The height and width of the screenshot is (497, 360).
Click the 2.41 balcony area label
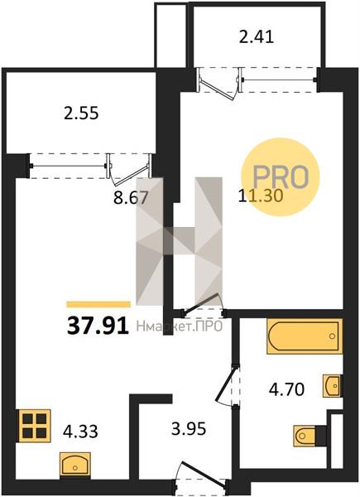257,37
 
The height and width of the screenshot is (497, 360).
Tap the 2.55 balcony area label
81,113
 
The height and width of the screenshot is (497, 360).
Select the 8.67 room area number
131,198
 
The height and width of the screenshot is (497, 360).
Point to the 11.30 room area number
261,195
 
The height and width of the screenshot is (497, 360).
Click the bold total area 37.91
98,326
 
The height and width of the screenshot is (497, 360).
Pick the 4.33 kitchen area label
80,432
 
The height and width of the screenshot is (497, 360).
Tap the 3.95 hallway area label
189,429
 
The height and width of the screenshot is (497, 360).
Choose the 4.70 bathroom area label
286,389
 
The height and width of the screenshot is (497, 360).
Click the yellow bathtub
305,336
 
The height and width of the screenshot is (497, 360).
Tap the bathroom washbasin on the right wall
333,385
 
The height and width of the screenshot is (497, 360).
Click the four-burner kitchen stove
35,426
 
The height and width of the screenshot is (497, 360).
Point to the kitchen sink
75,466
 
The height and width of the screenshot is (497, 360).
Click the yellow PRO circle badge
281,177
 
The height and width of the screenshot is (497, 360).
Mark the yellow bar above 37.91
98,305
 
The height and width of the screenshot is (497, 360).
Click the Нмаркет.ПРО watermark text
180,326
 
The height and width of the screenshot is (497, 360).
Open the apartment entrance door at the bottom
201,476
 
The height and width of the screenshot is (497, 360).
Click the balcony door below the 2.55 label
130,169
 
